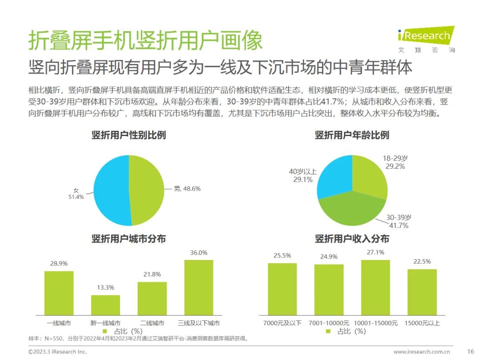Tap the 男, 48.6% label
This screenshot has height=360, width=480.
point(187,188)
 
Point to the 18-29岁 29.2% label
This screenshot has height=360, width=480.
point(395,162)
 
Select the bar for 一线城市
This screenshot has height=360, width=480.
point(59,293)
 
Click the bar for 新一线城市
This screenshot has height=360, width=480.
point(105,305)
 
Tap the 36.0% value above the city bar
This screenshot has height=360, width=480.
point(199,252)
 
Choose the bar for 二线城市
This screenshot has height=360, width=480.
point(152,299)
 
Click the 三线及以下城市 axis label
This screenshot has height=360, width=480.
point(199,323)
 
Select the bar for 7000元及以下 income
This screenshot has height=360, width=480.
point(282,289)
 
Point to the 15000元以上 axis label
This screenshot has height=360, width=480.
point(422,323)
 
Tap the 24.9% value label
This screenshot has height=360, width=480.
point(329,256)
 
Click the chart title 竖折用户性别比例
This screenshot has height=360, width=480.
point(129,135)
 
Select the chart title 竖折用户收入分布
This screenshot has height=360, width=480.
point(352,239)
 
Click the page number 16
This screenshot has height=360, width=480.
point(470,352)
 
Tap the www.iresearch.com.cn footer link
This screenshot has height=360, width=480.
point(421,352)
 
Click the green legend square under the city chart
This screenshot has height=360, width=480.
point(105,331)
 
